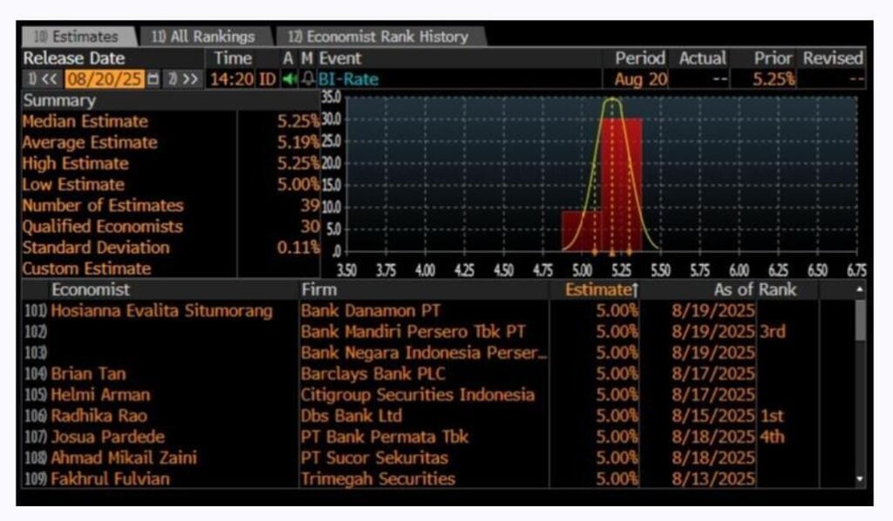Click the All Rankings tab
(x=202, y=37)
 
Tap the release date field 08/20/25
(x=105, y=79)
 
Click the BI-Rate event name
(x=348, y=79)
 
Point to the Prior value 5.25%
(x=774, y=79)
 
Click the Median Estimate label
(x=85, y=121)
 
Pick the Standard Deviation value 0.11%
(x=300, y=247)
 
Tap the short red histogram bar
(x=581, y=229)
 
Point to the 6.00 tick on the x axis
(x=739, y=271)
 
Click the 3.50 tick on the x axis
(x=346, y=271)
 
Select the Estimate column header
(x=596, y=289)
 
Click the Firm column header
(x=319, y=289)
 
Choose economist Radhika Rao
(x=99, y=416)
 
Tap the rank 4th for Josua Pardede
(x=773, y=436)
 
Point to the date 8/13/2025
(x=714, y=478)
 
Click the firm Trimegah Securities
(x=378, y=478)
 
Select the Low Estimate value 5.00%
(x=299, y=185)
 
